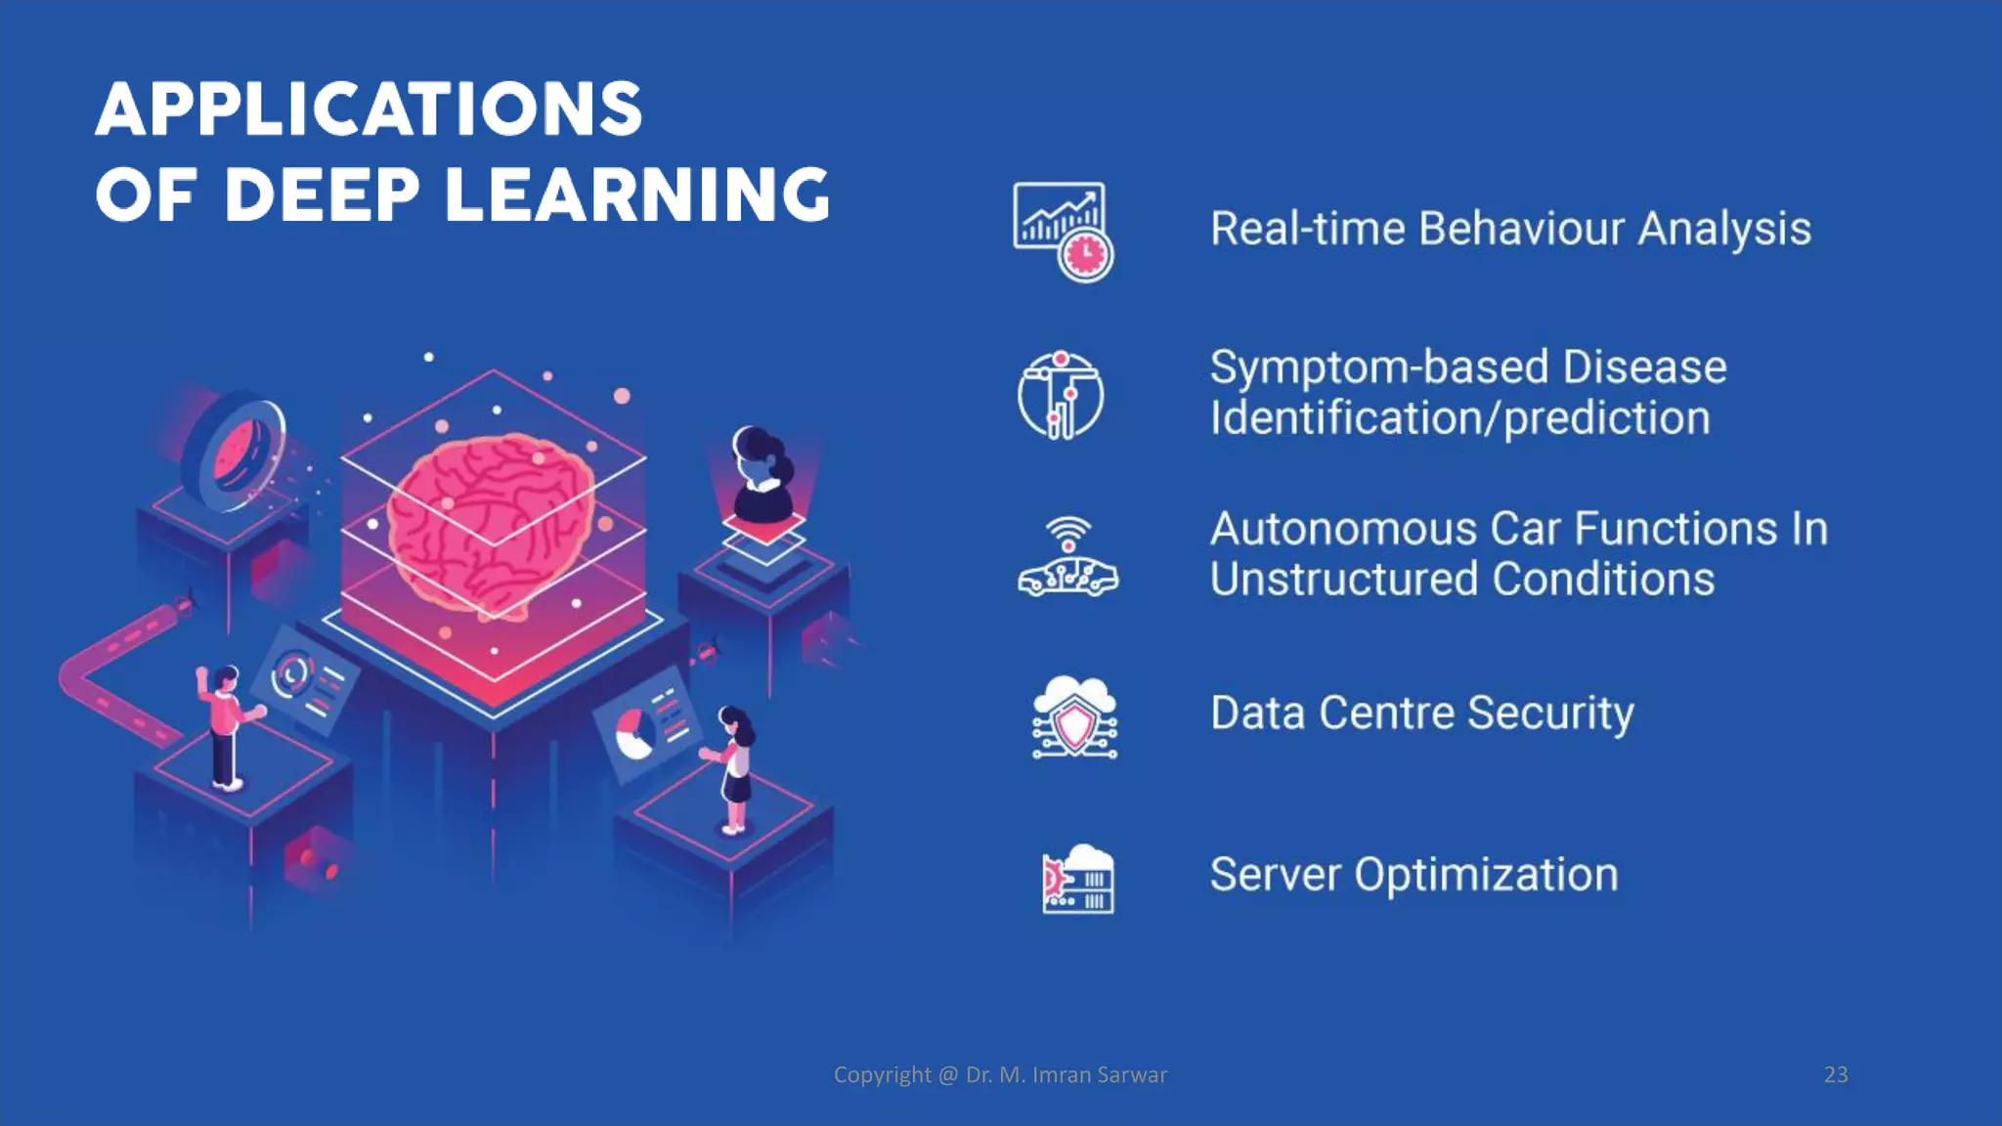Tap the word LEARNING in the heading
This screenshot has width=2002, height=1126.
(637, 195)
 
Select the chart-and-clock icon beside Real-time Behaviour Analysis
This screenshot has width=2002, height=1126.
(1063, 231)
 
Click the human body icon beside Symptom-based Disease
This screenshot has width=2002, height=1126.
(1061, 395)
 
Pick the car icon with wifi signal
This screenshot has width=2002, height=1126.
(1067, 558)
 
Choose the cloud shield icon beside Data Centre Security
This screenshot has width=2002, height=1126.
(1074, 717)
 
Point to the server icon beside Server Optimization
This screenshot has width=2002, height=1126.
(1077, 879)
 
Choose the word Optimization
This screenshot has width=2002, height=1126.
(1486, 874)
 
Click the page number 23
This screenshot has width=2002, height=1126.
(1836, 1074)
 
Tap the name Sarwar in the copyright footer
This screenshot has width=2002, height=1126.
(1132, 1074)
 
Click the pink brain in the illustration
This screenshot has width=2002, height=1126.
(491, 524)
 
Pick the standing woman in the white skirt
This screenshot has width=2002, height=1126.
(734, 768)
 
